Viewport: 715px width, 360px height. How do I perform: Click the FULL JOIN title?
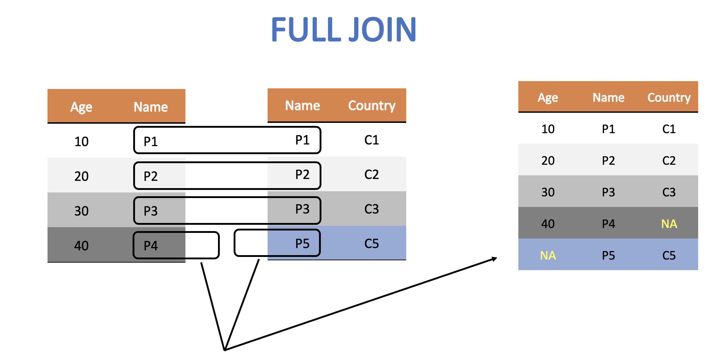[x=343, y=29]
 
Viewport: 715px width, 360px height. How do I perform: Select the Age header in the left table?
[x=81, y=107]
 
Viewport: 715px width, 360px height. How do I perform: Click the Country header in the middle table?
[x=372, y=105]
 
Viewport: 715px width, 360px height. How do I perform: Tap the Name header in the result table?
[x=608, y=98]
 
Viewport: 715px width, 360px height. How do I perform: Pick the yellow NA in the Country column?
[x=669, y=224]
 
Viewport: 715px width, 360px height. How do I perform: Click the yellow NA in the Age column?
[x=548, y=255]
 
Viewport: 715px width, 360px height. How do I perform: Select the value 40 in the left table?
[x=81, y=246]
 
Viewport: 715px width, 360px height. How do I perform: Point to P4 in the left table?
[x=150, y=246]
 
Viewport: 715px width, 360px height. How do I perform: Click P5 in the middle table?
[x=302, y=243]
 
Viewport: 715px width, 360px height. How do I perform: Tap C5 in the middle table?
[x=372, y=243]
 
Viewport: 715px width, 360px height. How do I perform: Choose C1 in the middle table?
[x=372, y=140]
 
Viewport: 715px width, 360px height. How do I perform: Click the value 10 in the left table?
[x=81, y=142]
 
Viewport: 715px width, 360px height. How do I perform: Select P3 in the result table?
[x=608, y=192]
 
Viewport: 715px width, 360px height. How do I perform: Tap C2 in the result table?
[x=669, y=161]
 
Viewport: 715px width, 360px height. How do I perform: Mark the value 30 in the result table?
[x=548, y=192]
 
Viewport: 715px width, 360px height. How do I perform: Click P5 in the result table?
[x=608, y=255]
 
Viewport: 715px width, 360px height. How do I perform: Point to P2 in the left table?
[x=150, y=176]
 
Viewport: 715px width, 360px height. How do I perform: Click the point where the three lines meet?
[x=225, y=350]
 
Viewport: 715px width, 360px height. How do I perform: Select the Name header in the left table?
[x=150, y=107]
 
